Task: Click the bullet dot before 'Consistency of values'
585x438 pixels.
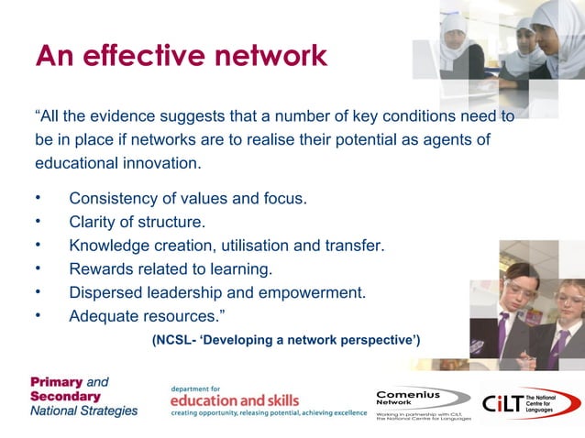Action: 39,197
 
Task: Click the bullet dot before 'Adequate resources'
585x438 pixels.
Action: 39,316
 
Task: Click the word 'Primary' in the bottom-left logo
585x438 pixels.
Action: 57,381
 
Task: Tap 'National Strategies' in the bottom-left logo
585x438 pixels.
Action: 83,411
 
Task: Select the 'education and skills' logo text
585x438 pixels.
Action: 235,400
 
